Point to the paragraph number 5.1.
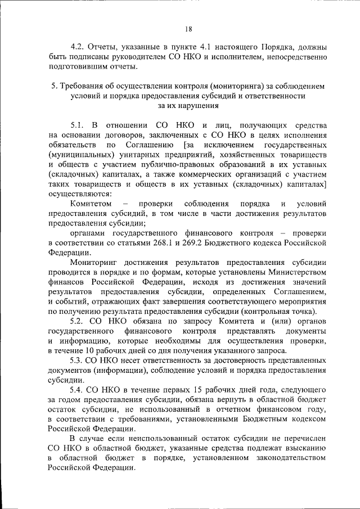tap(78, 124)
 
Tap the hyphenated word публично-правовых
tap(190, 164)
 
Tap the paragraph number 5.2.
tap(78, 321)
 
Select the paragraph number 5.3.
tap(78, 361)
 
